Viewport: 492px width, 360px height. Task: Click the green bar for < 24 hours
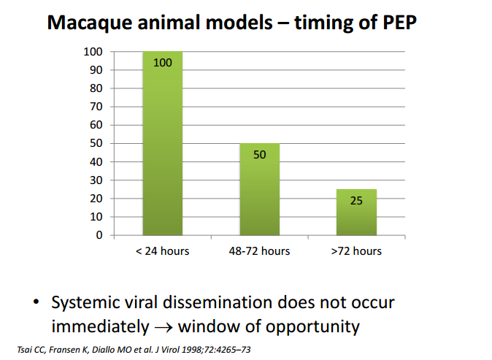click(x=162, y=146)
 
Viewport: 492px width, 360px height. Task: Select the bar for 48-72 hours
click(x=259, y=190)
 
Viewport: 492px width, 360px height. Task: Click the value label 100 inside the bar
click(x=163, y=63)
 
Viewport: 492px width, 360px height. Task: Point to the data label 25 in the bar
click(x=356, y=200)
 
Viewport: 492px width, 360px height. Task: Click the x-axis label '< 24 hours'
click(x=162, y=251)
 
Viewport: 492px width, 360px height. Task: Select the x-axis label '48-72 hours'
click(x=259, y=251)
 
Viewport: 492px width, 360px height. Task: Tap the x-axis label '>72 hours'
click(x=356, y=251)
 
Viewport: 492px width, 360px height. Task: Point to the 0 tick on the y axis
click(x=99, y=235)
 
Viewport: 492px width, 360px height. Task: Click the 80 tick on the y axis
click(x=96, y=88)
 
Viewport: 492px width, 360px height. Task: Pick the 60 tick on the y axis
click(x=96, y=125)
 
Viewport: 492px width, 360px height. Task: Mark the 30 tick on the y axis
click(x=96, y=180)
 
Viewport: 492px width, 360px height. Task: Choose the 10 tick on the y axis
click(x=96, y=217)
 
